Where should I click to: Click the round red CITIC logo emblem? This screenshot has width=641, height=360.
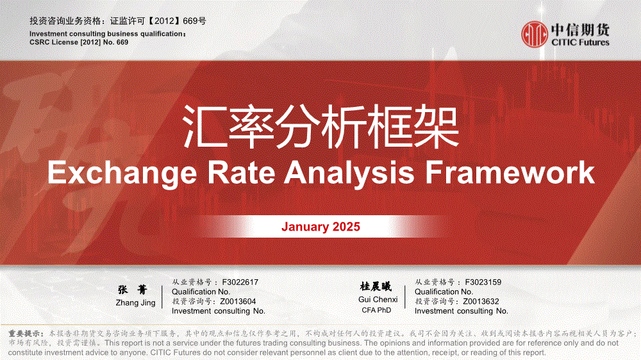535,35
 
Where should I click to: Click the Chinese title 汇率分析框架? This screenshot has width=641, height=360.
321,127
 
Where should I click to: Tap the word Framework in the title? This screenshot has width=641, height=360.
510,172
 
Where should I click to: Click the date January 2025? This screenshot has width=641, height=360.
320,227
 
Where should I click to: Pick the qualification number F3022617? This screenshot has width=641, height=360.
240,282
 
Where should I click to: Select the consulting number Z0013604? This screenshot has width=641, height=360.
238,302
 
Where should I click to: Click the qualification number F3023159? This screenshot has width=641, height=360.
483,282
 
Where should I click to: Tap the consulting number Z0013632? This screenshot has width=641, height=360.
481,302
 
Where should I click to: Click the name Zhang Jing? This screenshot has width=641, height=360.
135,303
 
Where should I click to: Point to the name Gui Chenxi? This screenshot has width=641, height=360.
378,300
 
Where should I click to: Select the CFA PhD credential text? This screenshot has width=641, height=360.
376,310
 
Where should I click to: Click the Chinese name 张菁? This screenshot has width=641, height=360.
133,290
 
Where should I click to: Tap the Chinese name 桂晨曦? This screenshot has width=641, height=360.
376,286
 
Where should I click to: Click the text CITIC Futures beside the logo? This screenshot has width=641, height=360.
580,42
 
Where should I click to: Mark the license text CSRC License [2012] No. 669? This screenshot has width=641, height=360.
79,42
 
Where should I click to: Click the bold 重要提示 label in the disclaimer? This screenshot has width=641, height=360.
26,334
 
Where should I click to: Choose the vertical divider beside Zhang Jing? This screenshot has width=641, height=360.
162,297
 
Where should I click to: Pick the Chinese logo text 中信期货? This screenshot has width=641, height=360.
580,30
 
